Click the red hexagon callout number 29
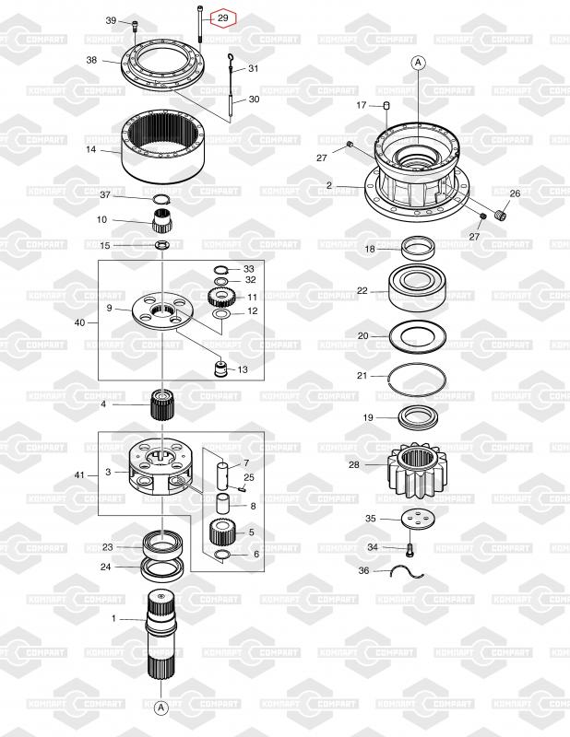[222, 18]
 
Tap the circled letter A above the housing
[418, 63]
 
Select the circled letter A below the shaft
[161, 707]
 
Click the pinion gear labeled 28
[416, 471]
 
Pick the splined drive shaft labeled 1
[161, 636]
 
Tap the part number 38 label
[91, 60]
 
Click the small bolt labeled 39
[136, 25]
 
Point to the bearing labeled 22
[417, 287]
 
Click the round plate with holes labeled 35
[418, 519]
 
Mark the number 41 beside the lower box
[79, 475]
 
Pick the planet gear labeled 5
[221, 532]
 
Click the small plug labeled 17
[387, 105]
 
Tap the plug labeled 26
[502, 216]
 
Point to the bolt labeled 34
[410, 549]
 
